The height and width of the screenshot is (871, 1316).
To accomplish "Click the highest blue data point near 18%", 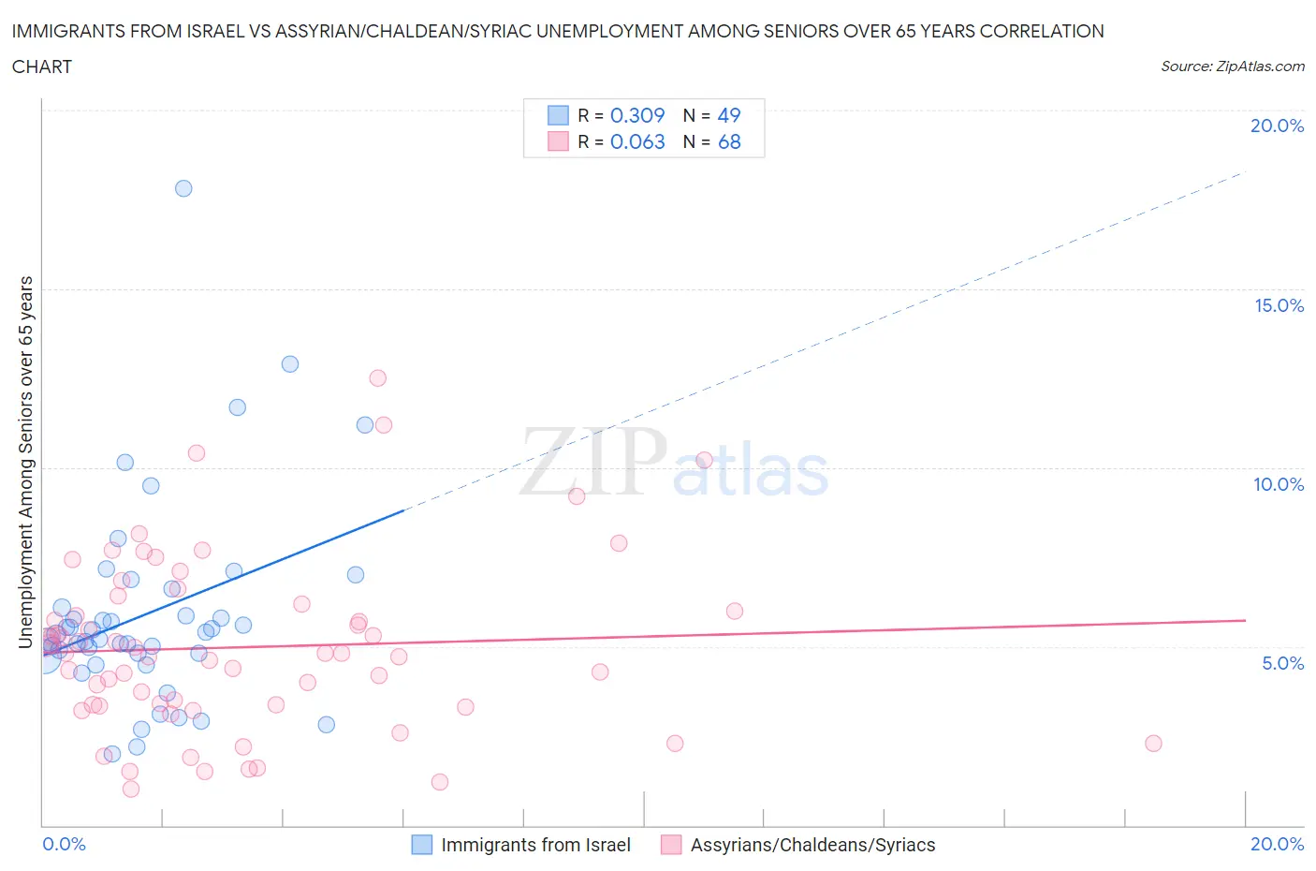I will [x=183, y=188].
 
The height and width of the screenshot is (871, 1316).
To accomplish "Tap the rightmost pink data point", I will [x=1153, y=743].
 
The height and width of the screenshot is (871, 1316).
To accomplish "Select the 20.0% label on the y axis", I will [x=1277, y=125].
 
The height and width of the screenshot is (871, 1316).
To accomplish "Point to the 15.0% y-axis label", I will [x=1279, y=305].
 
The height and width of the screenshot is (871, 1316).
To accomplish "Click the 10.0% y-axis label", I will [x=1279, y=484].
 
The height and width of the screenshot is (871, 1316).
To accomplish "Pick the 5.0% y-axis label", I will [x=1282, y=663].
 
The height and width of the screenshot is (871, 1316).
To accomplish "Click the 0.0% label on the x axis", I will [x=64, y=844].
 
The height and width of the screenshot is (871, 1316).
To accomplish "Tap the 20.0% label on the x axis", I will [x=1277, y=844].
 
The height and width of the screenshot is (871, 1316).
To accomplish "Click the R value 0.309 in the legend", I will [x=637, y=115].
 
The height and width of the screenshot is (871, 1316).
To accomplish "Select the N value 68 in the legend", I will [x=729, y=141].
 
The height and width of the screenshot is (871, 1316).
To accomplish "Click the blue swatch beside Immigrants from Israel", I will [x=422, y=845].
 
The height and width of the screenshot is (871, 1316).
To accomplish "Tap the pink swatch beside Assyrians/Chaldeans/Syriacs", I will [x=671, y=845].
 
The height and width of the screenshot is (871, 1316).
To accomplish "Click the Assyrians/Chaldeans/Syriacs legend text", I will [x=812, y=845].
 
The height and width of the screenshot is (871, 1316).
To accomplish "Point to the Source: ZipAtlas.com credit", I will [x=1232, y=66].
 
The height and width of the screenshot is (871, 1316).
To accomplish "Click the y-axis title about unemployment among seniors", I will [x=26, y=462].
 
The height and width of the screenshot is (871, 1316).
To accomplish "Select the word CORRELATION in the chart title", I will [x=1042, y=31].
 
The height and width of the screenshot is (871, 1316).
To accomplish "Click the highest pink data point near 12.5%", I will [x=377, y=377].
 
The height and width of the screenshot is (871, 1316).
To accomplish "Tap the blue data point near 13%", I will [x=290, y=363].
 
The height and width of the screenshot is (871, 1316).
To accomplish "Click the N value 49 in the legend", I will [x=729, y=115].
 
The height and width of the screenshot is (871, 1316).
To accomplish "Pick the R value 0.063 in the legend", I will [x=637, y=141].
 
